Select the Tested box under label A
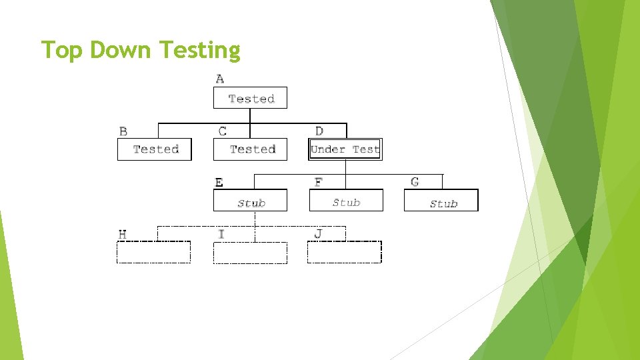[x=250, y=98]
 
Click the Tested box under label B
[x=155, y=149]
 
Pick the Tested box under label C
[x=250, y=149]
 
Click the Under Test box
[x=345, y=149]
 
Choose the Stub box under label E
[x=250, y=201]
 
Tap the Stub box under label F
[x=346, y=201]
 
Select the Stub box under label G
[x=441, y=201]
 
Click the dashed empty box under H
[x=154, y=253]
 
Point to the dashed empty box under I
[x=250, y=253]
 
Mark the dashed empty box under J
[x=345, y=253]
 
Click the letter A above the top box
[x=220, y=79]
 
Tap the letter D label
[x=319, y=131]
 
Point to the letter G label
[x=415, y=181]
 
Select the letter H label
[x=123, y=234]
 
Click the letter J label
[x=318, y=234]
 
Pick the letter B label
[x=123, y=131]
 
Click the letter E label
[x=219, y=182]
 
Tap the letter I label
[x=221, y=234]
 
